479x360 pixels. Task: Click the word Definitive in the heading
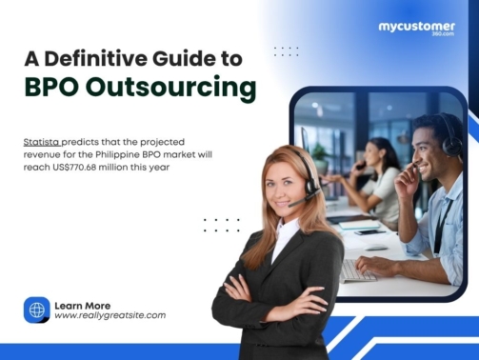[113, 57]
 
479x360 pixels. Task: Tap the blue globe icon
[36, 310]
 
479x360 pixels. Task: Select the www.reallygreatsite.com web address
[110, 315]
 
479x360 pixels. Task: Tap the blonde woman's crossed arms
[276, 302]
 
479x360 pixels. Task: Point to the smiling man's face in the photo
[424, 150]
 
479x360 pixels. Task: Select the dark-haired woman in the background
[381, 171]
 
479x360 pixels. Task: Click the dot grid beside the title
[286, 50]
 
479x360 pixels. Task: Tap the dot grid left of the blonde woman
[221, 225]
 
